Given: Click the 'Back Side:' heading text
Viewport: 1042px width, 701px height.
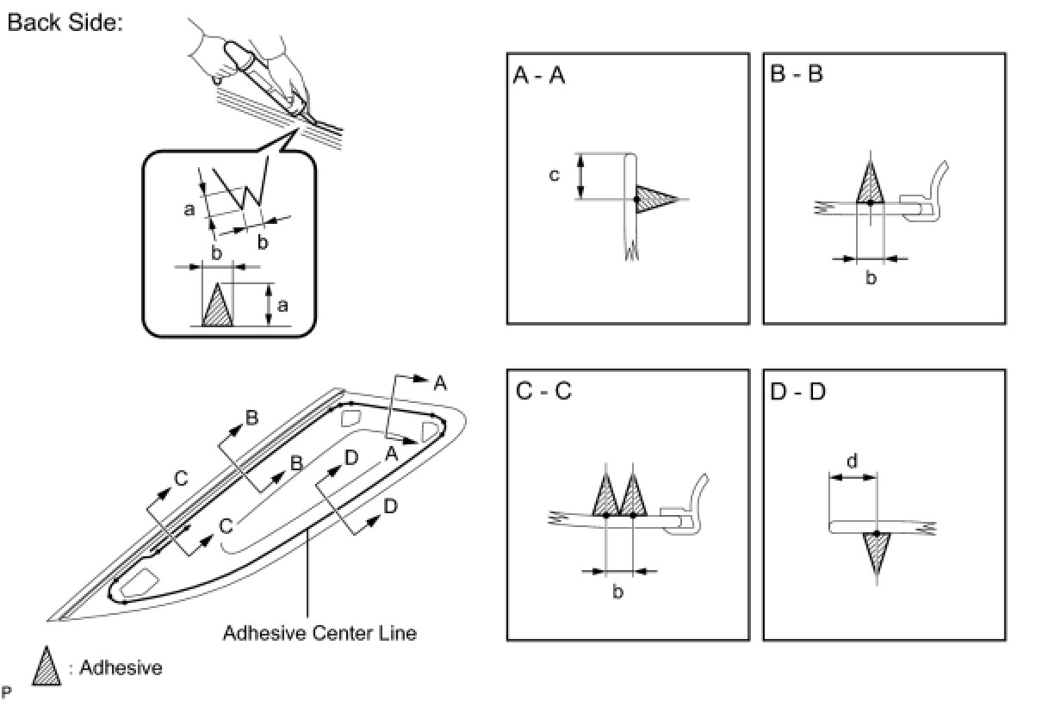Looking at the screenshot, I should (65, 23).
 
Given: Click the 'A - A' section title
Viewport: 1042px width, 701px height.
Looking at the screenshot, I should (539, 75).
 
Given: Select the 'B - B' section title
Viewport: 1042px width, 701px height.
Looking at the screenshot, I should (797, 75).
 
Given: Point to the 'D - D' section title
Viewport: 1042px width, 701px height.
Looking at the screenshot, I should (797, 392).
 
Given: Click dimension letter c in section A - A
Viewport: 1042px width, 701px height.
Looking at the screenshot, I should (554, 175).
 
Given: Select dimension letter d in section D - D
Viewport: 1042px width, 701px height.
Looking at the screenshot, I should (852, 461).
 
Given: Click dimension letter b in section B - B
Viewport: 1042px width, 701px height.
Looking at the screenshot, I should (871, 277).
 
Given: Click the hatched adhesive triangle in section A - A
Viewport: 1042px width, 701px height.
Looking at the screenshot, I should (654, 199).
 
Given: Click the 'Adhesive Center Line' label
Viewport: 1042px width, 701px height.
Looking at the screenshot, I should (319, 633).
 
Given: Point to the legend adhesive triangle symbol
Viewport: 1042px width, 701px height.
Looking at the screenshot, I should (47, 668).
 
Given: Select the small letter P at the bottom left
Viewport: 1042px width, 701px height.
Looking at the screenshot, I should (8, 691).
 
